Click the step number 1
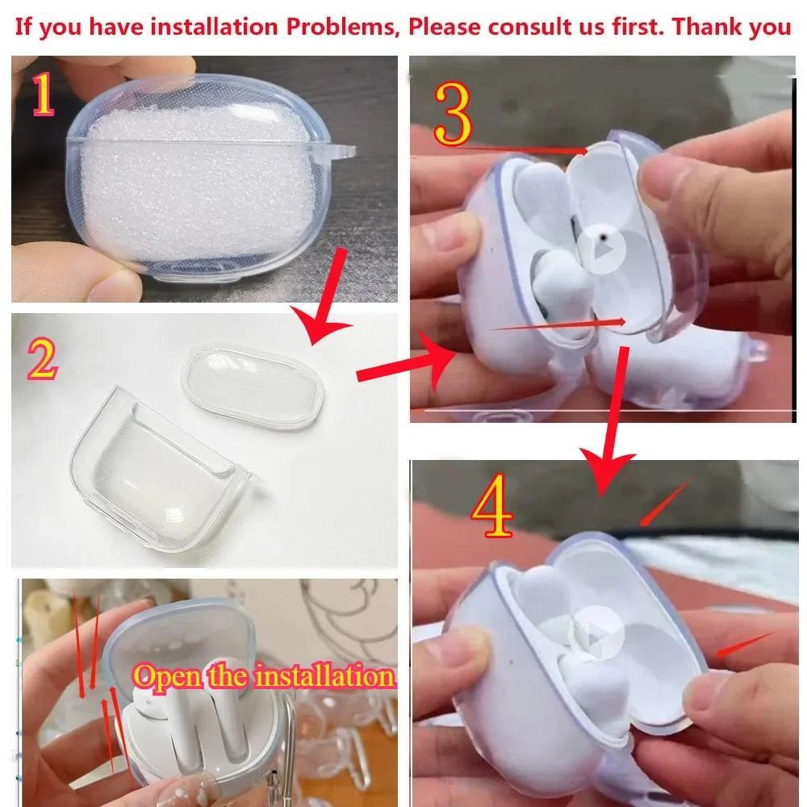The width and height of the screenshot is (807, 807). pos(43,94)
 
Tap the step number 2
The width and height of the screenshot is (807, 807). pos(42,360)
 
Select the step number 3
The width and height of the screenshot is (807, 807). pos(453,115)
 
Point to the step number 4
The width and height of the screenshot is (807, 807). pos(492,506)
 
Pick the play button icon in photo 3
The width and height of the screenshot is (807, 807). pos(600,249)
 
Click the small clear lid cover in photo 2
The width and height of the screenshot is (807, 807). pos(253,385)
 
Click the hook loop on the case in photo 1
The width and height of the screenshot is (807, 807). pos(341,152)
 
